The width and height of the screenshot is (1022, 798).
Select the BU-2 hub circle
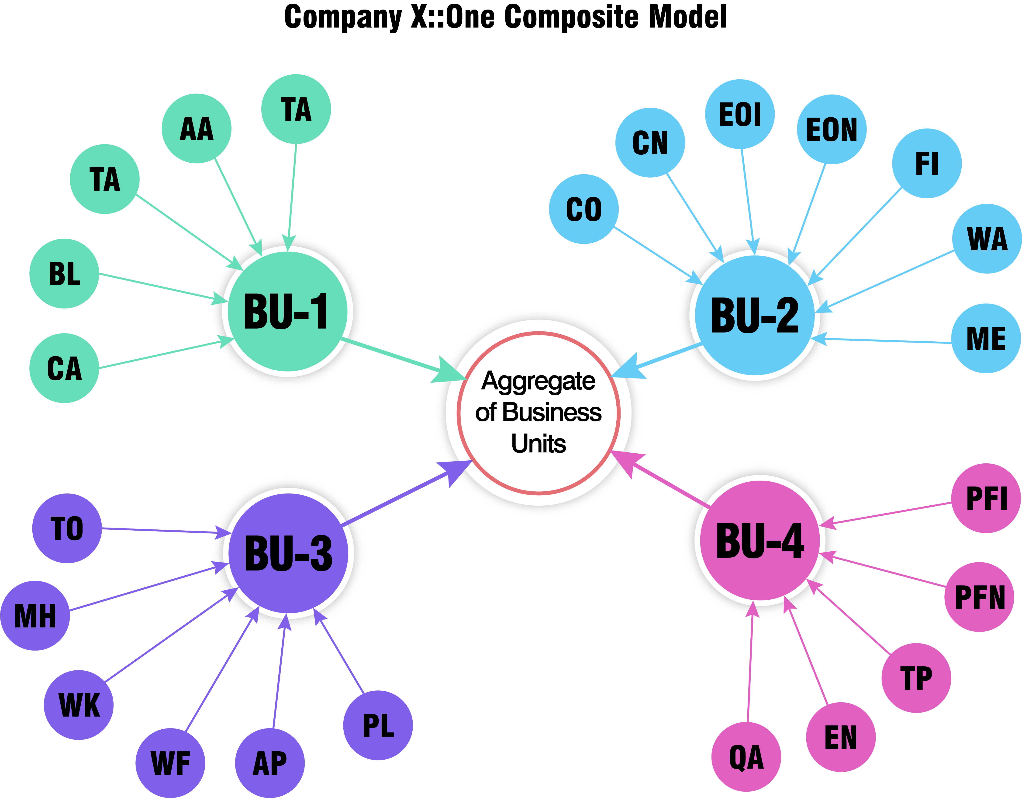[x=754, y=315]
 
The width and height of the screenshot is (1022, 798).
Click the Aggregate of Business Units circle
[x=539, y=413]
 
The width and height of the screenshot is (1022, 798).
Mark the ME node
[x=986, y=338]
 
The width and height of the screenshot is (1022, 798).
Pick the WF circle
[x=170, y=763]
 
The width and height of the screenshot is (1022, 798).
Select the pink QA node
[x=746, y=757]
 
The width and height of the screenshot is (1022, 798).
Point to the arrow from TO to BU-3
[x=164, y=531]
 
